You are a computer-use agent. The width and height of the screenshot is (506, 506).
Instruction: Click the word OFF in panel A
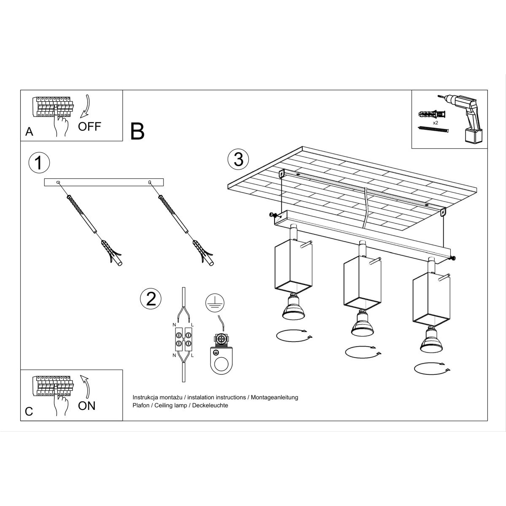coord(89,126)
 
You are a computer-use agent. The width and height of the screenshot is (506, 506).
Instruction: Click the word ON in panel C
coord(87,406)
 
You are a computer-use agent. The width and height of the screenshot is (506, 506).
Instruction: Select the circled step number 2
coord(151,299)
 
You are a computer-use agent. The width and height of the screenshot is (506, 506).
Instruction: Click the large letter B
coord(137,131)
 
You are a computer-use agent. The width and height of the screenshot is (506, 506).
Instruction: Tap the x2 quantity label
coord(436,122)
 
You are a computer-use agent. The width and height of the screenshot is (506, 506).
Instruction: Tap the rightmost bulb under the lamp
coord(431,341)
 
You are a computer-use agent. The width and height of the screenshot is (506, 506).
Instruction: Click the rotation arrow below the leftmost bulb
coord(294,336)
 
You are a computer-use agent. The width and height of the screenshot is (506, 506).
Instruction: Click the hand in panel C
coord(61,403)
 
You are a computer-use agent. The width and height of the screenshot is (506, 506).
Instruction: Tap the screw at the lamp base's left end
coord(272,215)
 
